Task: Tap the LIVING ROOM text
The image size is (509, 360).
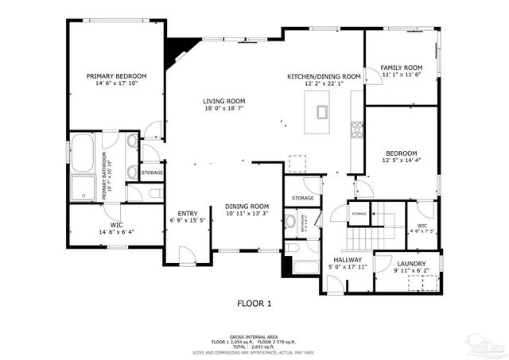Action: [223, 101]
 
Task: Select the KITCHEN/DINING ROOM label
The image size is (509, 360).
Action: [324, 76]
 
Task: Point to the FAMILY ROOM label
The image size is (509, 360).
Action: [402, 68]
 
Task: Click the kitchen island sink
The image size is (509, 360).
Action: [323, 111]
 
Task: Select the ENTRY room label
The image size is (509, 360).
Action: [188, 213]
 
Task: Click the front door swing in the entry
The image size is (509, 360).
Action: [187, 254]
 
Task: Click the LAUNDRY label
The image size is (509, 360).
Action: [411, 264]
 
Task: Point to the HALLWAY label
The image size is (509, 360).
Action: [348, 259]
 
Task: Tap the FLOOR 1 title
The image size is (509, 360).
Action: [254, 303]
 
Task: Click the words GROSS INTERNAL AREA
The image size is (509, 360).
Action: [254, 334]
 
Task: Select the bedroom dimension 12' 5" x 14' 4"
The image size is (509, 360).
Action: [402, 161]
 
